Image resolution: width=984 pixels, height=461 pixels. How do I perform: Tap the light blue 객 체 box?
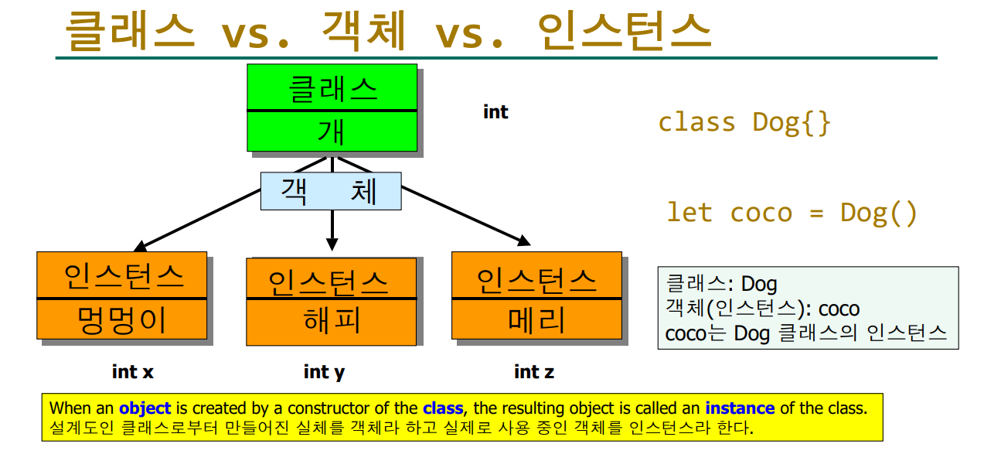[x=331, y=191]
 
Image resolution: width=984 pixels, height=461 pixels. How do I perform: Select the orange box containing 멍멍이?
[x=122, y=295]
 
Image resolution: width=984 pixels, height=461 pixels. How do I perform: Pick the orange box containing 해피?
[x=331, y=302]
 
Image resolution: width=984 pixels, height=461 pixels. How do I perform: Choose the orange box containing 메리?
[x=536, y=295]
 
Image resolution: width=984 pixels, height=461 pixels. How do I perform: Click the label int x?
[x=133, y=372]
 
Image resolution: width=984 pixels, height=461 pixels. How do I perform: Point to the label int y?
[x=324, y=372]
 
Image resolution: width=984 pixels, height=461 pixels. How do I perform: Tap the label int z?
[x=534, y=372]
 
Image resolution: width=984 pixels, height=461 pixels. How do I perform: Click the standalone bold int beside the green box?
[x=495, y=112]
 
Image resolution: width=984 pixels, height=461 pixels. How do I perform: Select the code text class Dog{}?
[x=744, y=123]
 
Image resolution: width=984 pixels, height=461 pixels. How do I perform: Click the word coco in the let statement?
[x=761, y=213]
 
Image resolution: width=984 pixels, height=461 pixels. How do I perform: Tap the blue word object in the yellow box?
[x=145, y=408]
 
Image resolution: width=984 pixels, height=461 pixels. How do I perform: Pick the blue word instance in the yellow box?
[x=740, y=408]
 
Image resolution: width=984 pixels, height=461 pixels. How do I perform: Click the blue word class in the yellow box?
[x=443, y=408]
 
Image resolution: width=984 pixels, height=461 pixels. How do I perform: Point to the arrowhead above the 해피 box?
[x=332, y=243]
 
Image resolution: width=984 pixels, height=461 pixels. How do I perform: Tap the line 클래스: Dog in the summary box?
[x=721, y=285]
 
